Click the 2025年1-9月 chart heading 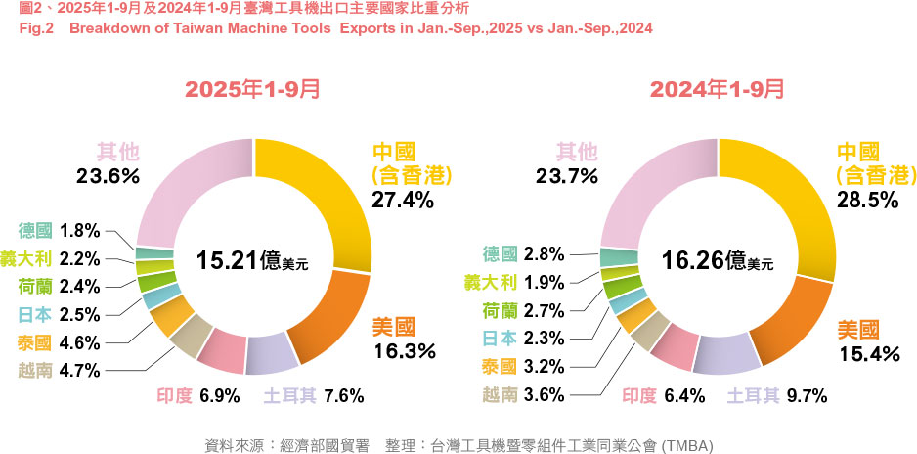(252, 89)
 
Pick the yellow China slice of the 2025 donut (327, 196)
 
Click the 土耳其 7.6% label (313, 396)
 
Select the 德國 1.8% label (59, 231)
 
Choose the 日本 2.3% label (523, 340)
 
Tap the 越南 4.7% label (59, 371)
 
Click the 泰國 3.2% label (523, 368)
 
